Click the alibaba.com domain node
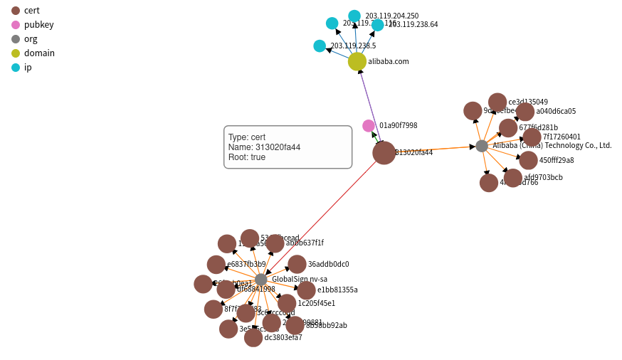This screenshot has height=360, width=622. click(x=357, y=62)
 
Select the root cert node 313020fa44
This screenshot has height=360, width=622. click(x=384, y=153)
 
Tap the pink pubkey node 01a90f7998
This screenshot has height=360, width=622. click(x=369, y=126)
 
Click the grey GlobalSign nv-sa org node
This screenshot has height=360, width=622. click(x=261, y=280)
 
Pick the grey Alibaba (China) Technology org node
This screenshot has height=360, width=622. click(x=482, y=146)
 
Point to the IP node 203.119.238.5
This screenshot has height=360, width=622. click(x=320, y=46)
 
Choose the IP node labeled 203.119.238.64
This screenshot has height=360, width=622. click(x=378, y=25)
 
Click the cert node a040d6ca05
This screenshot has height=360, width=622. click(x=525, y=112)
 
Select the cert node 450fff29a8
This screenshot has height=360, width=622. click(x=528, y=160)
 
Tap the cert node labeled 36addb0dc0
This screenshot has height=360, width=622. click(x=297, y=264)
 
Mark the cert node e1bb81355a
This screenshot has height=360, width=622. click(x=307, y=290)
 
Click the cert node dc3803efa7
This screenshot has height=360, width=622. click(x=253, y=338)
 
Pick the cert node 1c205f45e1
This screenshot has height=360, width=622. click(x=287, y=303)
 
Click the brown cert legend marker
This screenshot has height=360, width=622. click(x=16, y=10)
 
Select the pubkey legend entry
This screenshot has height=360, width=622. click(x=16, y=24)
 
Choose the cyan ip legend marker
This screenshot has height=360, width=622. click(x=16, y=67)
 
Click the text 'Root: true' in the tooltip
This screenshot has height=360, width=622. click(x=247, y=157)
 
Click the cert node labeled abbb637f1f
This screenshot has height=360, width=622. click(x=275, y=243)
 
